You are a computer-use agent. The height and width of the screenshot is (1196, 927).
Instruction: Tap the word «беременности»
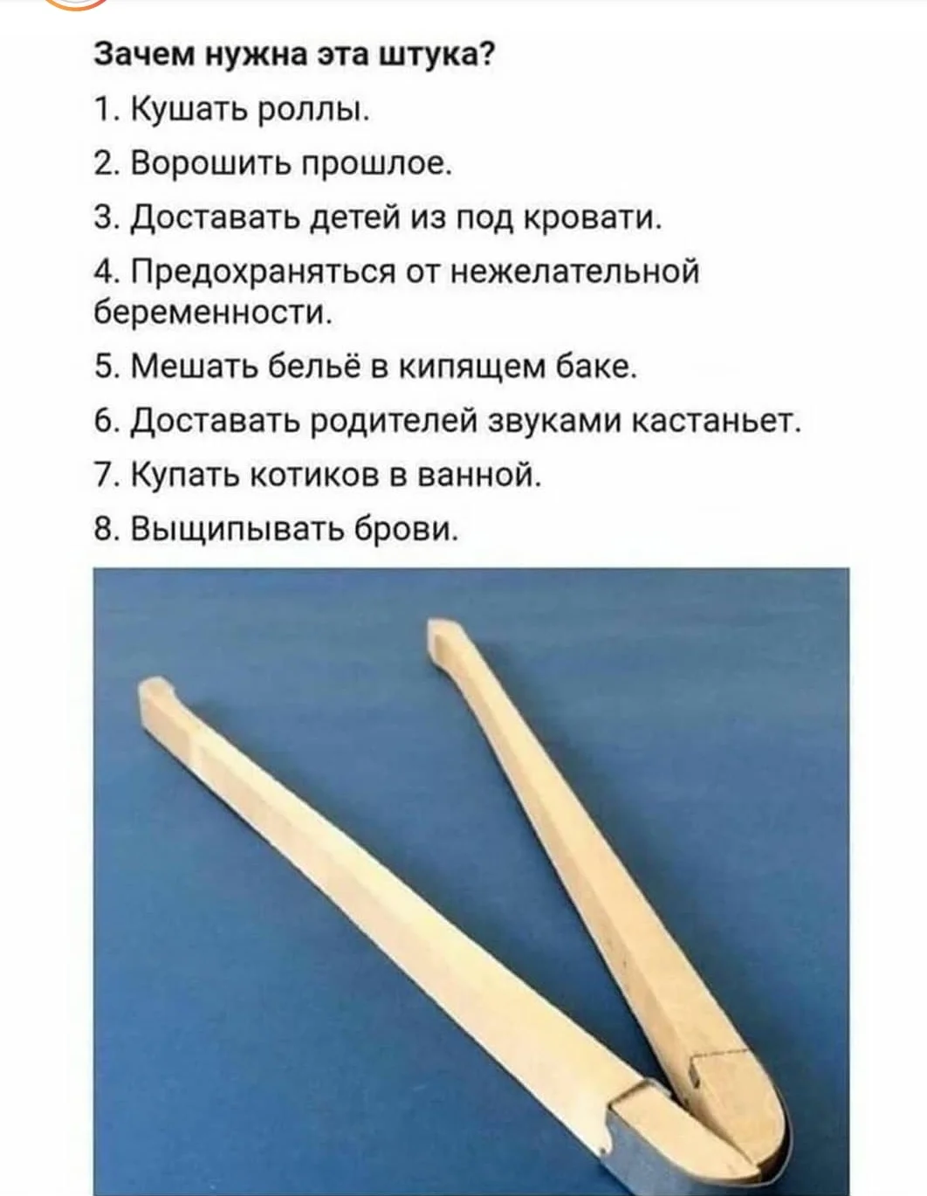[212, 313]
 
